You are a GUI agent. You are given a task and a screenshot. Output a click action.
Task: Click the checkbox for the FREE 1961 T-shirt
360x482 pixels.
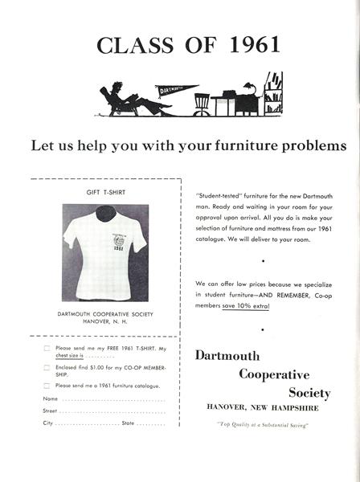coord(47,348)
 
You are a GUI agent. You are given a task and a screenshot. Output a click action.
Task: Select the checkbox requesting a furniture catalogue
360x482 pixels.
coord(47,386)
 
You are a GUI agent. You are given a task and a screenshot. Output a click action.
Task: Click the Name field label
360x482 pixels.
coord(50,398)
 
